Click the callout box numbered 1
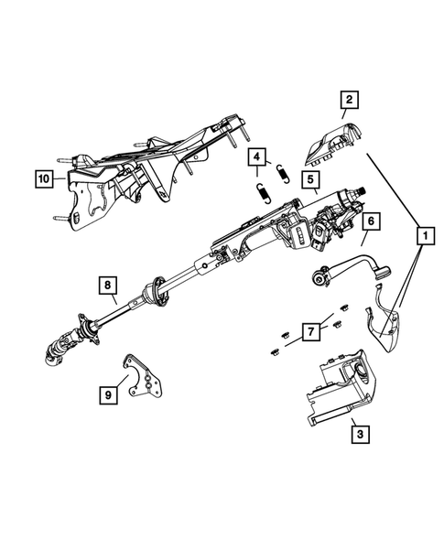click(x=423, y=236)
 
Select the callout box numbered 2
click(x=349, y=101)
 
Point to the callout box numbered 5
click(x=312, y=179)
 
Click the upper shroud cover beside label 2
click(x=330, y=140)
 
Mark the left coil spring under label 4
click(x=260, y=194)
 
